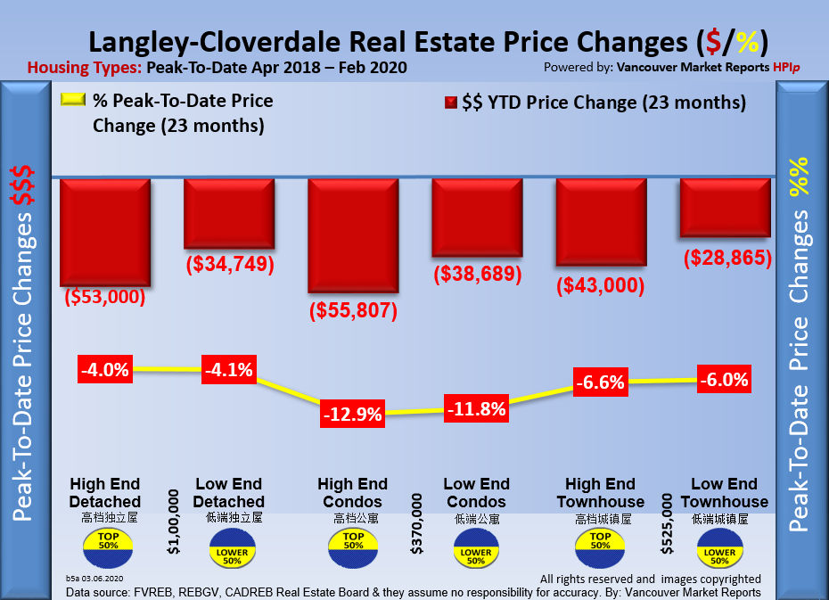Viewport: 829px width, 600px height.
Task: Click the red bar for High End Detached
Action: pos(105,232)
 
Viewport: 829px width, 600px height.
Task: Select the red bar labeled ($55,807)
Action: pos(352,235)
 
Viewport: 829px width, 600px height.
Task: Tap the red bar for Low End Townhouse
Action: pos(725,208)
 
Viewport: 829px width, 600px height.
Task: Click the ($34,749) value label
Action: pos(229,265)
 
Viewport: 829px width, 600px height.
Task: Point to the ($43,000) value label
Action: pos(600,285)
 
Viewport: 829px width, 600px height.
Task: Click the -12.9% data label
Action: pos(353,414)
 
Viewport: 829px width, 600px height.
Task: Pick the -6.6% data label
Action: pos(600,382)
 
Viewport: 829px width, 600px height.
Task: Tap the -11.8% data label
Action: pos(477,410)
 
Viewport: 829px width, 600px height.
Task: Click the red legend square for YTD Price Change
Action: pos(451,103)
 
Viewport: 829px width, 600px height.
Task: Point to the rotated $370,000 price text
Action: pos(415,521)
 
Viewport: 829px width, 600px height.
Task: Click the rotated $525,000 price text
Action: pos(664,521)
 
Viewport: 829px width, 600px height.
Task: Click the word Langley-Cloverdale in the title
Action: pos(222,42)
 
